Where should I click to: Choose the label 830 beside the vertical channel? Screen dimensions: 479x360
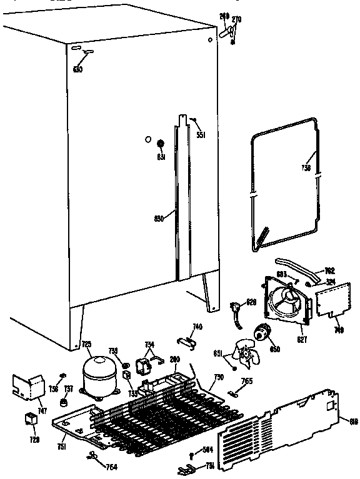point(159,218)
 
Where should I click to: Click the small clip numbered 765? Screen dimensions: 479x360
point(234,393)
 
